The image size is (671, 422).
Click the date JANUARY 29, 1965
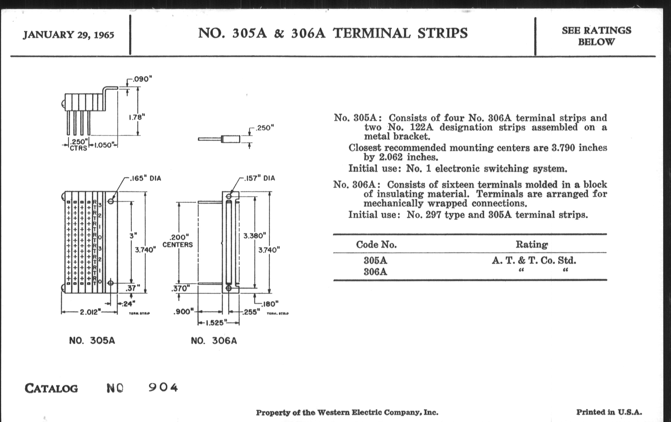pyautogui.click(x=68, y=35)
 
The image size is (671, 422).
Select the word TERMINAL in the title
pyautogui.click(x=372, y=33)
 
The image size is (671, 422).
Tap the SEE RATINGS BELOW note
pyautogui.click(x=596, y=36)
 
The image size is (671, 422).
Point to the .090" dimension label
pyautogui.click(x=142, y=79)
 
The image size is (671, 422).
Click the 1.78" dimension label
pyautogui.click(x=137, y=117)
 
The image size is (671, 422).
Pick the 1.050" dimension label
pyautogui.click(x=104, y=145)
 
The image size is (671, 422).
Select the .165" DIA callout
pyautogui.click(x=145, y=178)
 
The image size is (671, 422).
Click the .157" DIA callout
pyautogui.click(x=259, y=178)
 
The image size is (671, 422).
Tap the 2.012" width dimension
pyautogui.click(x=89, y=312)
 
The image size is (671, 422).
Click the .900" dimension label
pyautogui.click(x=183, y=312)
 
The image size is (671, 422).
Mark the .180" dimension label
pyautogui.click(x=270, y=304)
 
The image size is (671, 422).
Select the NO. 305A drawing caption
pyautogui.click(x=92, y=340)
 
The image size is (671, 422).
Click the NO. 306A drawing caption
pyautogui.click(x=214, y=341)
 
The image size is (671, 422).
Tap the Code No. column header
pyautogui.click(x=376, y=245)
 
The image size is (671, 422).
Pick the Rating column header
pyautogui.click(x=532, y=244)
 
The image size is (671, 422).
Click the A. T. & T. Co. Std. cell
pyautogui.click(x=534, y=260)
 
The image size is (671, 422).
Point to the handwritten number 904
pyautogui.click(x=163, y=387)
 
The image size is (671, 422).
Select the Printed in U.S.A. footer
pyautogui.click(x=609, y=412)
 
